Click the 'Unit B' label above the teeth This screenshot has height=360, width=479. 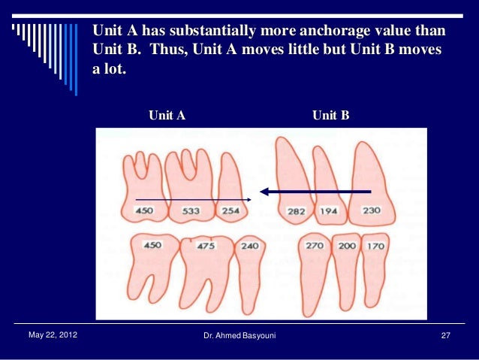[x=330, y=115]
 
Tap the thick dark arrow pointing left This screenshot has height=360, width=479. [x=315, y=192]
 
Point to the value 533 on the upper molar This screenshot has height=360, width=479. [x=190, y=211]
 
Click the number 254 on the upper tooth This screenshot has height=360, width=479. [x=230, y=211]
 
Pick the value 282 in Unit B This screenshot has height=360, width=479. [x=296, y=212]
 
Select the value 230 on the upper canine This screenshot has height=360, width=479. [x=370, y=211]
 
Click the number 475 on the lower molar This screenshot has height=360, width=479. [x=206, y=246]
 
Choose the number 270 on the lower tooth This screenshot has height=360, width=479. [x=314, y=245]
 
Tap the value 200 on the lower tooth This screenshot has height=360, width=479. [x=346, y=246]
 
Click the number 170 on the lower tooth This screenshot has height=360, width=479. [x=375, y=246]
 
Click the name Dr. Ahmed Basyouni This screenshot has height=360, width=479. [x=239, y=334]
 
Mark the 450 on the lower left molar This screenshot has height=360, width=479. [x=152, y=245]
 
